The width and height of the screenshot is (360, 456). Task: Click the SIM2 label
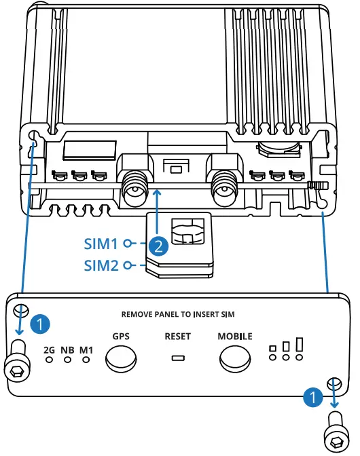[x=101, y=265]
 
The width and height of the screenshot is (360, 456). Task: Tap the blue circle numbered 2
[x=158, y=246]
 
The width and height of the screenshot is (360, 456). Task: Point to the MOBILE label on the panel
[x=234, y=336]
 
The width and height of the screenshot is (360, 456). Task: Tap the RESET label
[x=177, y=336]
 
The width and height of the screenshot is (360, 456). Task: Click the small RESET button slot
[x=177, y=358]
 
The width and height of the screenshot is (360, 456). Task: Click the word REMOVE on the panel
[x=139, y=314]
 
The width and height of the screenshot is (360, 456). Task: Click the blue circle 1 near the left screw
[x=41, y=324]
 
